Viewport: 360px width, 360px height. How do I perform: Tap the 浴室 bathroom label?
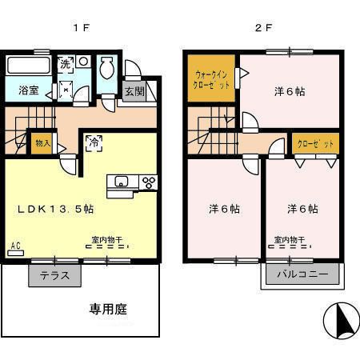point(29,90)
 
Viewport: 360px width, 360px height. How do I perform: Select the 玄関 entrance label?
point(134,90)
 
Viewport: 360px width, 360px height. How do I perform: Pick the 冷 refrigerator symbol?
point(94,144)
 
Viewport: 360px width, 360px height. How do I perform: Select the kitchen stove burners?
point(148,182)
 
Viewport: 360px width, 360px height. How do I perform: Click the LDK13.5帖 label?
point(57,209)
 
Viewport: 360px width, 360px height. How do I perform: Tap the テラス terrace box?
point(54,276)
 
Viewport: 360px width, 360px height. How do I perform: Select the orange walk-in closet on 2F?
point(211,80)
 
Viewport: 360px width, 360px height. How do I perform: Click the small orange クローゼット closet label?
point(313,146)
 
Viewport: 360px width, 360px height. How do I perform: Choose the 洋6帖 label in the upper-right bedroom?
point(289,91)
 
